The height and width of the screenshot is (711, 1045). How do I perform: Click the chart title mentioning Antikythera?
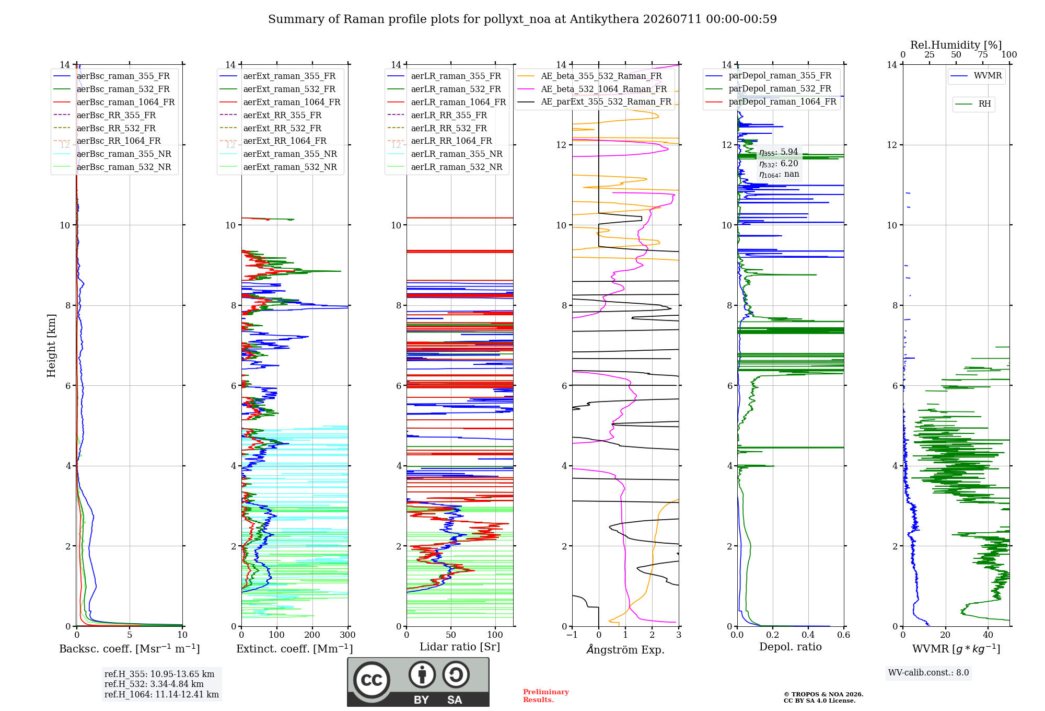click(x=522, y=19)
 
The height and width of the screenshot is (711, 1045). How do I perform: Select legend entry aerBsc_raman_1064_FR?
click(x=125, y=102)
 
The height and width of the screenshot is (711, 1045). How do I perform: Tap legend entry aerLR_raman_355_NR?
click(x=457, y=154)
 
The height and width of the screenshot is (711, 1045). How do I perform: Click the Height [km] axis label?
click(x=51, y=346)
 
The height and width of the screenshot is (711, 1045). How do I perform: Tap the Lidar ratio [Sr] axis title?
click(x=460, y=647)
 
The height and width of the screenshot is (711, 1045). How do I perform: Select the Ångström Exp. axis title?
click(x=625, y=649)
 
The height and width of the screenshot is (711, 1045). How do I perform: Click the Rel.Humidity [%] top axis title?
click(x=956, y=45)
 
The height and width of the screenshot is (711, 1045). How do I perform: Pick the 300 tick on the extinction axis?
click(x=347, y=635)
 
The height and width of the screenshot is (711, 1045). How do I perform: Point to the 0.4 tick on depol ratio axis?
click(x=808, y=635)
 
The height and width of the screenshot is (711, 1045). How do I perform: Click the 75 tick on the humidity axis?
click(x=983, y=54)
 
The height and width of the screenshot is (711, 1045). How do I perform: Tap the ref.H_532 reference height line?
click(x=154, y=684)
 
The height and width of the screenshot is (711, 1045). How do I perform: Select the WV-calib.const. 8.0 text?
click(x=928, y=673)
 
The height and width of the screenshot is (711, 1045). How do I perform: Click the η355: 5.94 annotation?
click(x=779, y=152)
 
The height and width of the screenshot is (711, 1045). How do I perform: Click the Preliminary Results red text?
click(x=546, y=696)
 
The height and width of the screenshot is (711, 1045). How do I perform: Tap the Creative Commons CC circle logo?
click(x=371, y=680)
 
